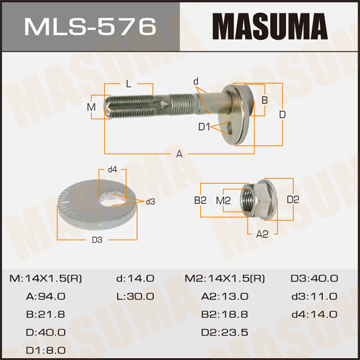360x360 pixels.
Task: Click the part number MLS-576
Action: (x=90, y=26)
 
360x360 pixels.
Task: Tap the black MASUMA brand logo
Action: (x=270, y=26)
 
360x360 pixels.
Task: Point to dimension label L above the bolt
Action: (x=129, y=85)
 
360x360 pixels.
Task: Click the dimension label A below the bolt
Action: (x=180, y=154)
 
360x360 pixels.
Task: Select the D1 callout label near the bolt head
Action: (x=204, y=127)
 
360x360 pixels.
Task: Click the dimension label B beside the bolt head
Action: (x=264, y=100)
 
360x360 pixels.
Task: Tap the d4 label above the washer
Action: (x=112, y=169)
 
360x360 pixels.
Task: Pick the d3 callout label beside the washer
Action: (x=150, y=201)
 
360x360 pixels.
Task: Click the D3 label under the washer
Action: (x=97, y=240)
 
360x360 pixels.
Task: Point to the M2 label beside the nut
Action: (x=223, y=200)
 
